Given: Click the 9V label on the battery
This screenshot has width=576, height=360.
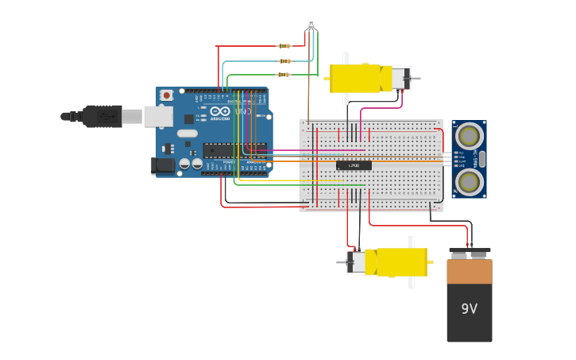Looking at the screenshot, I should click(469, 308).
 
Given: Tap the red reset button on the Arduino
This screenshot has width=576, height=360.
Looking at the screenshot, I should click(166, 95).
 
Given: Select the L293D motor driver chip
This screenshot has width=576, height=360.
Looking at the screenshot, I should click(354, 165).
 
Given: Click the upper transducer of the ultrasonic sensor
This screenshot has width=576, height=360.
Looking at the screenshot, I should click(470, 136).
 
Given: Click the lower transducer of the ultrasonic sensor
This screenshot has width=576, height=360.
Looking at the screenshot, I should click(470, 182).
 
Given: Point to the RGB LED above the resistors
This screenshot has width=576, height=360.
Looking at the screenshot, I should click(311, 25).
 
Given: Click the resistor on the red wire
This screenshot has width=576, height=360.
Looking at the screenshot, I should click(284, 46).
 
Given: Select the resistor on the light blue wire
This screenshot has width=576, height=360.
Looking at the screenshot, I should click(284, 60).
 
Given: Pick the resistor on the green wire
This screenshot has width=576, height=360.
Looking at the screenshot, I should click(284, 75).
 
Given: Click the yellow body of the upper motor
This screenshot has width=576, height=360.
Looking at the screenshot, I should click(354, 78).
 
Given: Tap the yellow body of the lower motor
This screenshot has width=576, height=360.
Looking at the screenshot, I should click(401, 262).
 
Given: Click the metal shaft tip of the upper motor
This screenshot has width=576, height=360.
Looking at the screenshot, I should click(416, 79).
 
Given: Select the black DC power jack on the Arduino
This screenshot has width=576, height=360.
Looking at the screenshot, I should click(163, 165).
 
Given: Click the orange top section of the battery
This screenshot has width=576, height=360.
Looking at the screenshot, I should click(469, 272).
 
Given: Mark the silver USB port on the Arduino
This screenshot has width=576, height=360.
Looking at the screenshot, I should click(158, 117).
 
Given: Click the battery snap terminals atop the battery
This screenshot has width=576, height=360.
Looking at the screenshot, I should click(470, 254).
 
